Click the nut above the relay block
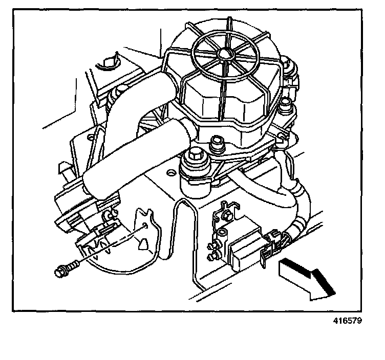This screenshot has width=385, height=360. click(226, 215)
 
